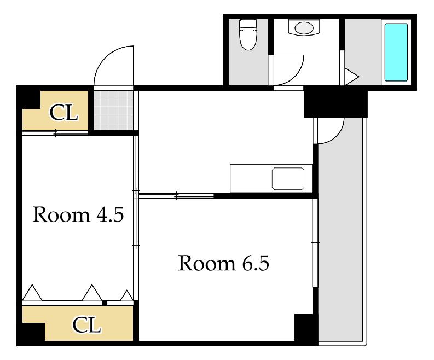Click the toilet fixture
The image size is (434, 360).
[x=248, y=34]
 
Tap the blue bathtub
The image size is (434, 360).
[x=396, y=53]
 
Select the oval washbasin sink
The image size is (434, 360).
[x=304, y=28]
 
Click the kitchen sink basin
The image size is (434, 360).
[x=288, y=178]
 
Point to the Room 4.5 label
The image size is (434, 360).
[x=78, y=214]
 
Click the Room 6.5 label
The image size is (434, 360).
[x=224, y=263]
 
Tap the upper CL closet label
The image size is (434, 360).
[x=63, y=112]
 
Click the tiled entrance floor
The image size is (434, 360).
[x=114, y=110]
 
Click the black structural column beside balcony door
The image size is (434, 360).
[x=335, y=104]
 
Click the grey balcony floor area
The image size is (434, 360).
[x=340, y=243]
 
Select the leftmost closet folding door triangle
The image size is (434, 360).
[x=32, y=293]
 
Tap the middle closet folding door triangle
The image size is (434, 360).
[x=92, y=293]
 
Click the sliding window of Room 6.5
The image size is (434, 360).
[x=315, y=243]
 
